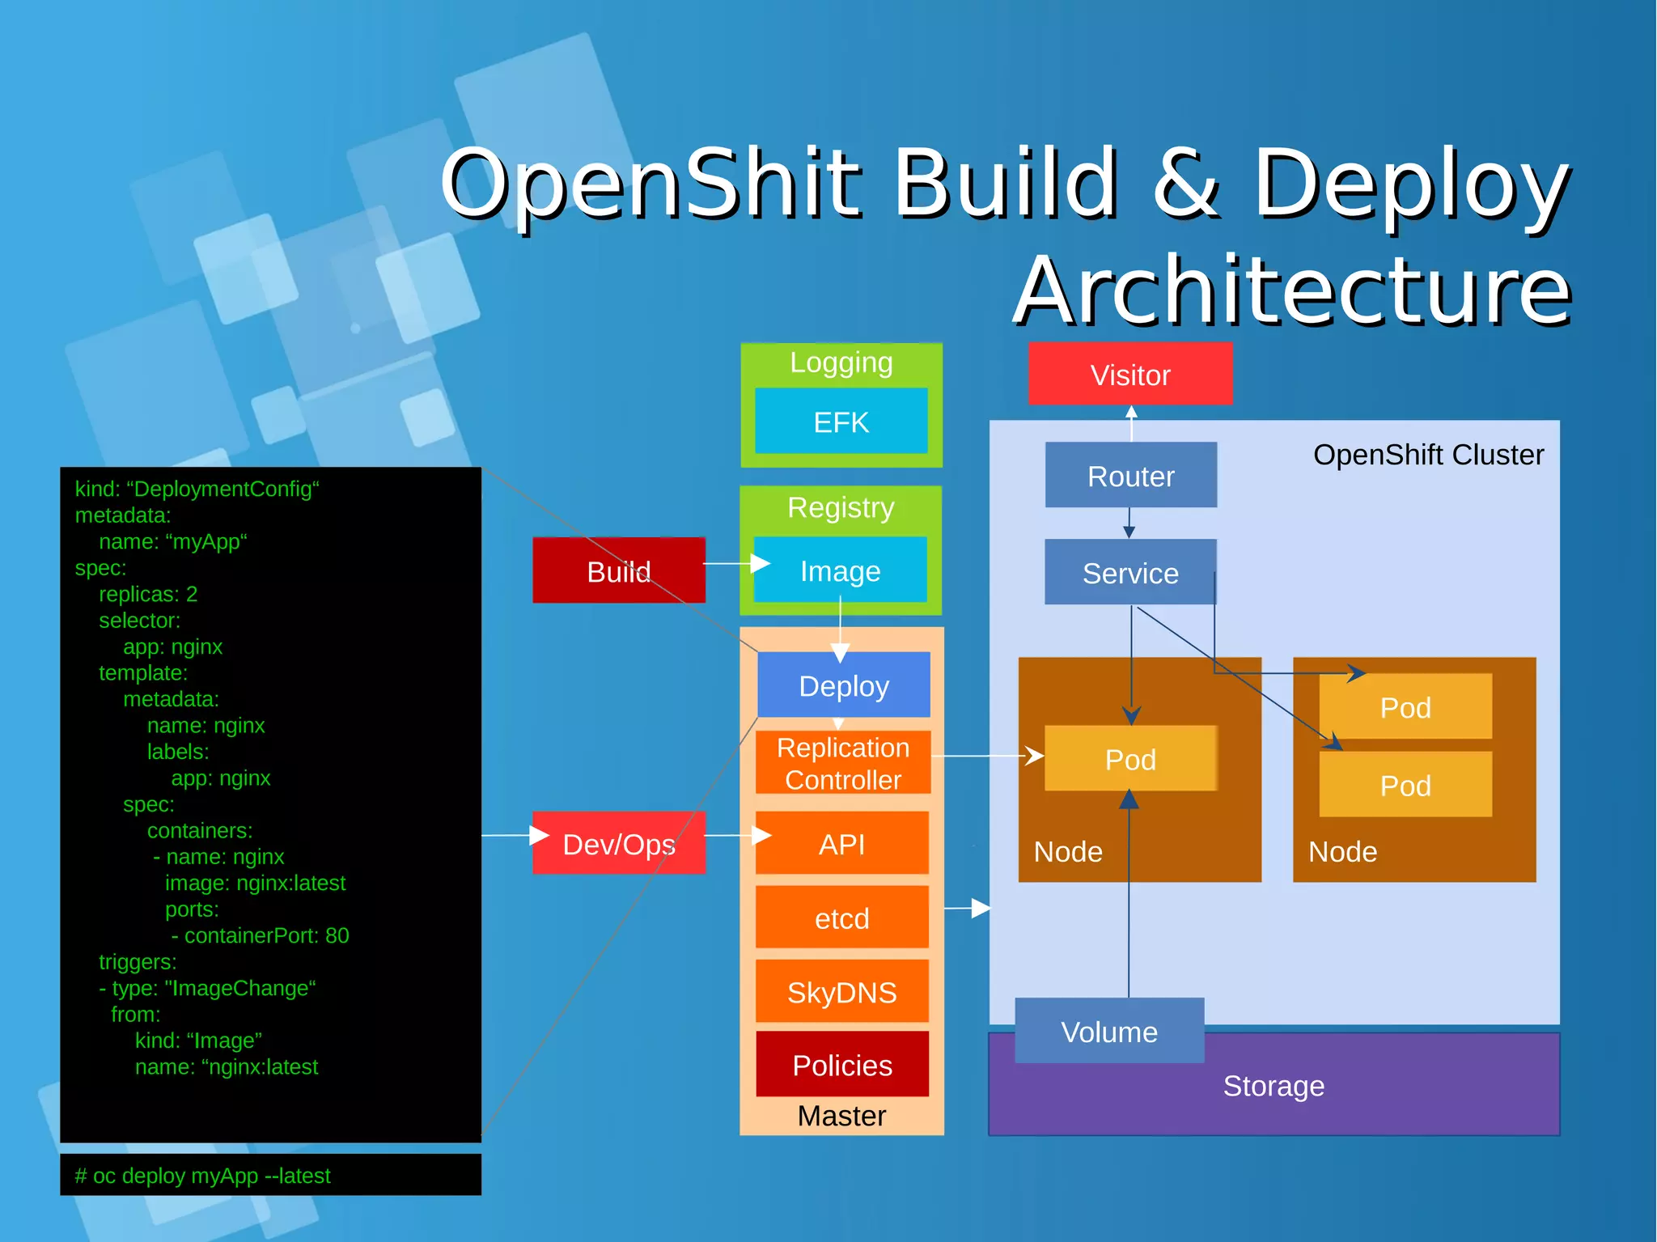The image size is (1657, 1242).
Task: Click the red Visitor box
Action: tap(1129, 374)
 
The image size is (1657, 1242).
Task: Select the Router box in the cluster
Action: tap(1130, 476)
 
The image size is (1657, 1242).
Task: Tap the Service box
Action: tap(1130, 573)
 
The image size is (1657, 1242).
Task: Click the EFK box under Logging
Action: tap(841, 422)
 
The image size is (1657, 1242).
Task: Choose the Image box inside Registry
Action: tap(840, 571)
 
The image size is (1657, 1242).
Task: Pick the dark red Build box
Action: tap(618, 571)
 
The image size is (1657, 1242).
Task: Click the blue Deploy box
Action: tap(843, 685)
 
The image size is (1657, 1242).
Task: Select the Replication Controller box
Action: tap(842, 763)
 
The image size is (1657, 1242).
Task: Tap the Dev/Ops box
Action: tap(618, 844)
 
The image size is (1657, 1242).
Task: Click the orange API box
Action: tap(841, 844)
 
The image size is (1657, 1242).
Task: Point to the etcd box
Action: tap(841, 918)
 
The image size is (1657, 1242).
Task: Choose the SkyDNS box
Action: tap(841, 992)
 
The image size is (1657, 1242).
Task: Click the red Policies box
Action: tap(841, 1065)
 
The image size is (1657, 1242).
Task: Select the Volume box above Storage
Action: tap(1108, 1032)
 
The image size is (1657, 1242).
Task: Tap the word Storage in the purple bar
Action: tap(1273, 1086)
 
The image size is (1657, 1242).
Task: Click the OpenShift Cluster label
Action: tap(1428, 455)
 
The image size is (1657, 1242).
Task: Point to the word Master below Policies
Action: tap(841, 1116)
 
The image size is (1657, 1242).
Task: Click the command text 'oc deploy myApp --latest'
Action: tap(203, 1176)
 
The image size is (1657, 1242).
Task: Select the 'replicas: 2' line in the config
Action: tap(148, 594)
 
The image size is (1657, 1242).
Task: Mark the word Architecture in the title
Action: tap(1291, 290)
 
